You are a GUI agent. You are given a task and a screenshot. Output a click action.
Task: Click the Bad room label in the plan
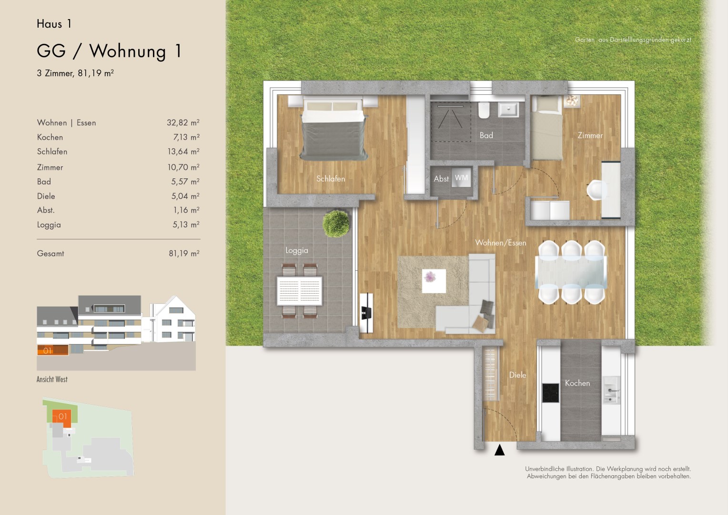pos(486,135)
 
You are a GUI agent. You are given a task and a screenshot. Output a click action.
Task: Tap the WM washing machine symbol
pos(461,178)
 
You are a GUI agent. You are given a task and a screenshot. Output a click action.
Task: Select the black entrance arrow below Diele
pos(499,450)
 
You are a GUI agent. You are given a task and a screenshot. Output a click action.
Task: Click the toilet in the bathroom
pos(484,110)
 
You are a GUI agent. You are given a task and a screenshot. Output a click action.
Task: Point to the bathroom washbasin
pos(509,109)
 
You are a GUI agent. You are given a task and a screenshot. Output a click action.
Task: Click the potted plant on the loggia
pos(336,224)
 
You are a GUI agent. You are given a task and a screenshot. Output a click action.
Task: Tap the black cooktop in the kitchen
pos(551,392)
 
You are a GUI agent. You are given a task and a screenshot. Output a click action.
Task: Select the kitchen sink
pos(611,390)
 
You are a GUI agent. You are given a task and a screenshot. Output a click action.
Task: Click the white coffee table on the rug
pos(434,281)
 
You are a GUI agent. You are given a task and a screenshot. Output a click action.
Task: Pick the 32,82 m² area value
pos(183,123)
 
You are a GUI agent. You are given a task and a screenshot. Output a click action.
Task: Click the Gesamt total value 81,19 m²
pos(184,253)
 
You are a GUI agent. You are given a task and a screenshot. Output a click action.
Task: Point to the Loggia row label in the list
pos(49,225)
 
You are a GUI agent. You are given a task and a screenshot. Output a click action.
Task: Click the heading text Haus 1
pos(54,24)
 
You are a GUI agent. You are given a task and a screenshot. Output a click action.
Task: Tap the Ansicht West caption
pos(52,380)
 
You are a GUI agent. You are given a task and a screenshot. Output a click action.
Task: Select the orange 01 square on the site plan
pos(62,418)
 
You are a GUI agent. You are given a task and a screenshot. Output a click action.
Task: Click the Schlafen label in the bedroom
pos(331,179)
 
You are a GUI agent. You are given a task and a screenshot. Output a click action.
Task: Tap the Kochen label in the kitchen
pos(577,383)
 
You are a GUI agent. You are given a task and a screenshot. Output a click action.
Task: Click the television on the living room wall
pos(366,313)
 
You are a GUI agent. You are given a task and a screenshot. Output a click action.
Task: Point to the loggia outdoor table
pos(299,291)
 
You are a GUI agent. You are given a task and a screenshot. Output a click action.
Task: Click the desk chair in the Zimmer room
pos(597,190)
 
